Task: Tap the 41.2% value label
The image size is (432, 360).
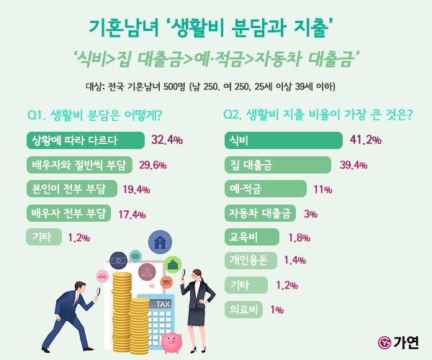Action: click(x=365, y=139)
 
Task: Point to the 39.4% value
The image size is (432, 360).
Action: click(x=354, y=164)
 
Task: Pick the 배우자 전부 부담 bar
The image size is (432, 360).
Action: click(x=68, y=213)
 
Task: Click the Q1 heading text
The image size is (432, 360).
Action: click(x=94, y=114)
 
